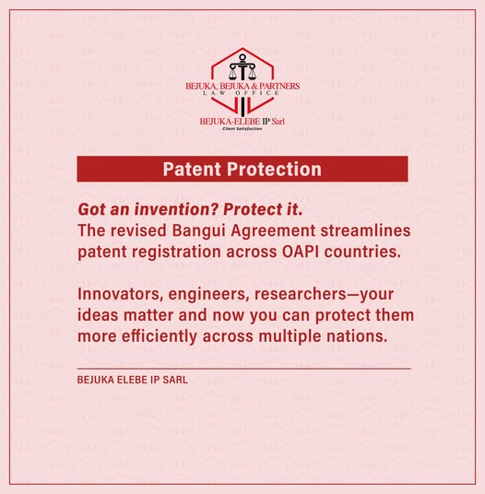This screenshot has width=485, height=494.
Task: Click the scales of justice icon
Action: coord(243,67)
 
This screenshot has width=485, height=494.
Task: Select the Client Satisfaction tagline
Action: coord(242,128)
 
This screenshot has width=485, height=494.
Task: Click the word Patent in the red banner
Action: coord(192,170)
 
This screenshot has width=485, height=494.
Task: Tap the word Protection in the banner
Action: coord(274,170)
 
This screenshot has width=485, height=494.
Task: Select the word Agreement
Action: coord(273,231)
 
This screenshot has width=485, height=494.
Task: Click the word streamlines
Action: coord(365,230)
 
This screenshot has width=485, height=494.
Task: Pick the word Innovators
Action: coord(120,294)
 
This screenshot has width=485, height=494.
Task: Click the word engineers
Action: coord(208,295)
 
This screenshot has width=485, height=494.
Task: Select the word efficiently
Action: coord(160,336)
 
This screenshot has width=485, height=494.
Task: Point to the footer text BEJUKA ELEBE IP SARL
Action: coord(133,380)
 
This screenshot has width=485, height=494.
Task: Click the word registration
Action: coord(176,253)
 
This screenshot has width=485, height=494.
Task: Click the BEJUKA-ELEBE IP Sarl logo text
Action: coord(242,122)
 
